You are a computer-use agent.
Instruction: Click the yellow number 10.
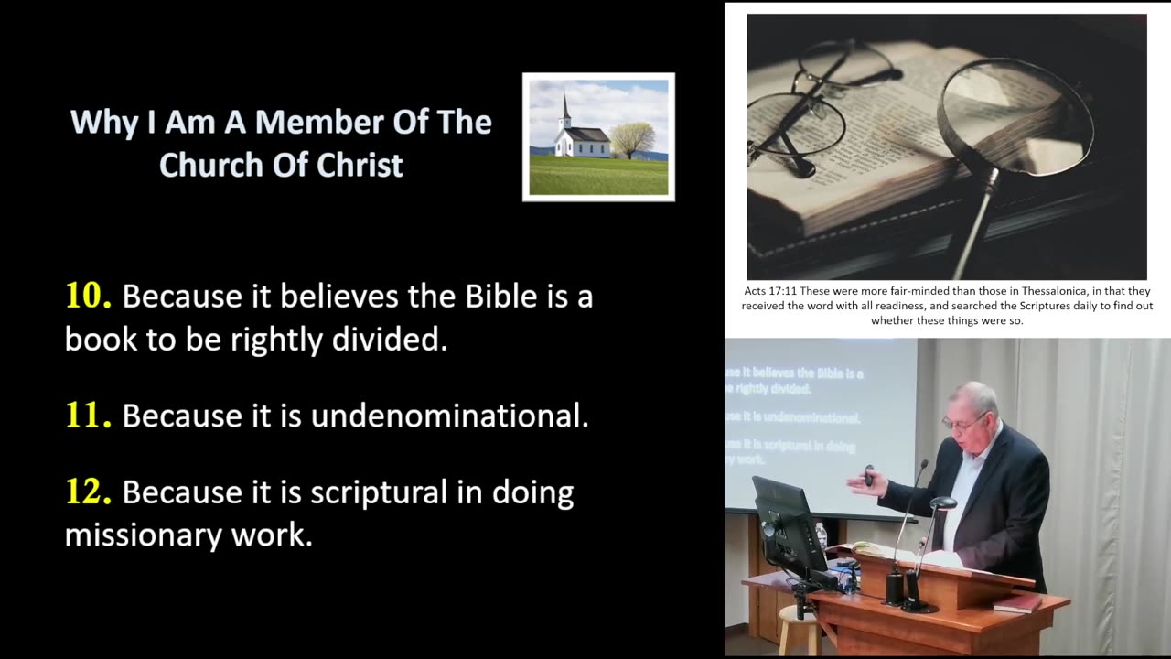[x=88, y=296]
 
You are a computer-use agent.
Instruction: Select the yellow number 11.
[x=88, y=416]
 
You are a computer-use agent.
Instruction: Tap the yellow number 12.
[x=88, y=492]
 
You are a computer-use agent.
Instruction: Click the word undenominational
[x=449, y=416]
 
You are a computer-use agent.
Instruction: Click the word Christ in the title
[x=360, y=166]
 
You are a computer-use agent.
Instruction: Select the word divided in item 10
[x=389, y=340]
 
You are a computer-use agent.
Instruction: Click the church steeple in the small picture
[x=566, y=110]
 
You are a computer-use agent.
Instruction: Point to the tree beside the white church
[x=632, y=138]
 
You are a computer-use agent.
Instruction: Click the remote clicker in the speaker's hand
[x=868, y=476]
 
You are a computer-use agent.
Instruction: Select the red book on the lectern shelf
[x=1017, y=603]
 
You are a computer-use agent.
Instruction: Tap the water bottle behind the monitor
[x=821, y=535]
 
